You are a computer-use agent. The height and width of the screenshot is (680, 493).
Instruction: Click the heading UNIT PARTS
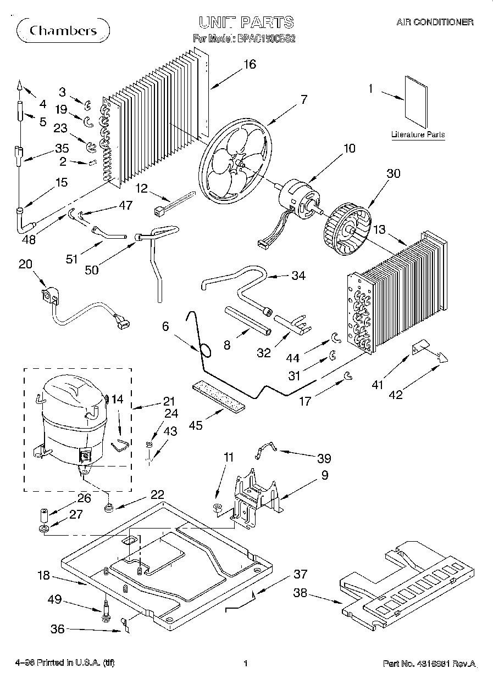246,23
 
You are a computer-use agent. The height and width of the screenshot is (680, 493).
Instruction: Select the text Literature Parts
418,134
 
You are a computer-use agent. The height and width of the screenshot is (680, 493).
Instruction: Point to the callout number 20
25,264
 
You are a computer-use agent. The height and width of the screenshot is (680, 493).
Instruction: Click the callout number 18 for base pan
43,576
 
